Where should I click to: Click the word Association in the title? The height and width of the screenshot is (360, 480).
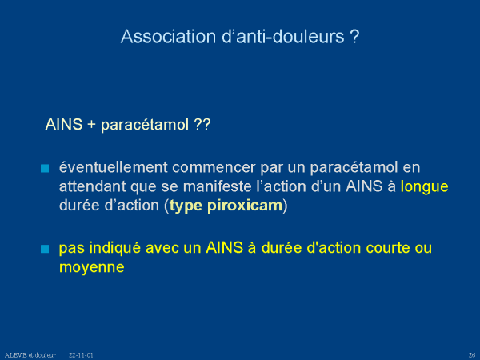pos(168,37)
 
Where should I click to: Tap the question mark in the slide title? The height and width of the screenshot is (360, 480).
pos(354,37)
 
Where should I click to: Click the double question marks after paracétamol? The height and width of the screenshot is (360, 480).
pos(202,125)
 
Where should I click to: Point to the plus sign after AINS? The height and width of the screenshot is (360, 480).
pos(91,125)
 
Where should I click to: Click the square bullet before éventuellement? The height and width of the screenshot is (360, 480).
pos(45,168)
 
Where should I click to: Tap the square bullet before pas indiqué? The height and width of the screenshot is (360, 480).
pos(45,249)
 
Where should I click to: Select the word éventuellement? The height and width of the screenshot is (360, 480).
pos(114,167)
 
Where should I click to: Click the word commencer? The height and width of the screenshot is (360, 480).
pos(214,167)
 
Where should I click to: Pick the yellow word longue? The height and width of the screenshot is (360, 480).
pos(425,187)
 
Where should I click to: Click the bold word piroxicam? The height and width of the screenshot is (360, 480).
pos(245,206)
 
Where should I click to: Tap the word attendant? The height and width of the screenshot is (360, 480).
pos(93,186)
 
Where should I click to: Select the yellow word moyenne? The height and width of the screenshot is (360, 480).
pos(92,267)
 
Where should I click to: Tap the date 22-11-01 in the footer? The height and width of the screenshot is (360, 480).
pos(81,355)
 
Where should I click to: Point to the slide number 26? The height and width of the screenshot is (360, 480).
pos(472,355)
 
